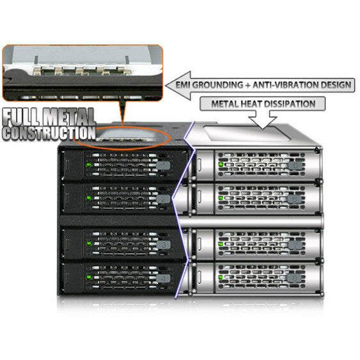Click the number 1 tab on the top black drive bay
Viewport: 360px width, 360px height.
pos(164,166)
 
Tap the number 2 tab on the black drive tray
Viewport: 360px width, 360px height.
pos(164,199)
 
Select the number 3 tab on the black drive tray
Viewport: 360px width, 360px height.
pos(164,245)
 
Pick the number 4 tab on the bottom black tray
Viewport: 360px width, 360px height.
pos(163,279)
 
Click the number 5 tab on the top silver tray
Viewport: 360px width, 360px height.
pos(295,166)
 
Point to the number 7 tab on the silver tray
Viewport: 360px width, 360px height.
pos(295,245)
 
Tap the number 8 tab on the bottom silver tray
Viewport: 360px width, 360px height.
pos(294,279)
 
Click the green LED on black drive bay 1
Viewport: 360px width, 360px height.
pos(88,165)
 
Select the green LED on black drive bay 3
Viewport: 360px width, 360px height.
pos(88,244)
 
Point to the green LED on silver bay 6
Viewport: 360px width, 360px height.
pos(221,198)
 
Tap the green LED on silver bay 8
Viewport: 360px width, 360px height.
pos(221,277)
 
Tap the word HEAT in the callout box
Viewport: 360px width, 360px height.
pos(250,104)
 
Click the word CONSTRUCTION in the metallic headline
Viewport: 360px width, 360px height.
pos(49,133)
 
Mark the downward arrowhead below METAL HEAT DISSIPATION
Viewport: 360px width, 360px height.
pos(263,123)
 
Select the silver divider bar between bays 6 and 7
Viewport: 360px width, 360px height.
pos(251,221)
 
